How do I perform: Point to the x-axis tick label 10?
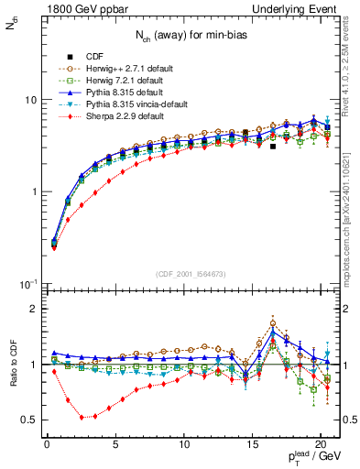tap(183, 445)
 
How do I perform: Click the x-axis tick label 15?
tap(252, 445)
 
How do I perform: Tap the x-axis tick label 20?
tap(320, 445)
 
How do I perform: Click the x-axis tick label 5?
tap(115, 445)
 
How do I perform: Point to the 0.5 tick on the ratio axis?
tap(31, 420)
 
